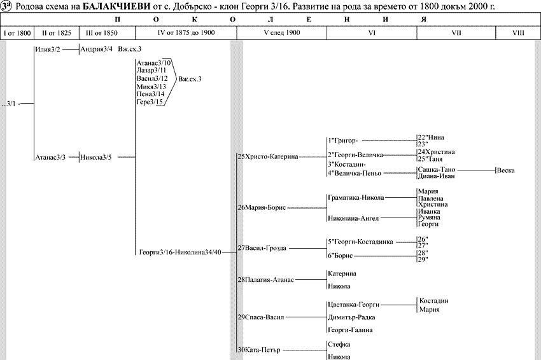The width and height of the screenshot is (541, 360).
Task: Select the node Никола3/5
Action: (96, 156)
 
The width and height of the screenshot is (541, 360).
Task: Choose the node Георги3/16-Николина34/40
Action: (180, 253)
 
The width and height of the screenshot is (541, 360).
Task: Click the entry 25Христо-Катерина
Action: (267, 156)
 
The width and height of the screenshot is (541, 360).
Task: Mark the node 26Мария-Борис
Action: (262, 207)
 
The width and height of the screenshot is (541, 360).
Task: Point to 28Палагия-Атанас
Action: (265, 280)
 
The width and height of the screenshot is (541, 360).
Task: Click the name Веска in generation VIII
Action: (506, 170)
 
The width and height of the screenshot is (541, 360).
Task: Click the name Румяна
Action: (428, 218)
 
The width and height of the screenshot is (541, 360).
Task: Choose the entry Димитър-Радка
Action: (351, 317)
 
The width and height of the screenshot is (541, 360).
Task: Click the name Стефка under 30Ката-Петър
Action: (339, 344)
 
